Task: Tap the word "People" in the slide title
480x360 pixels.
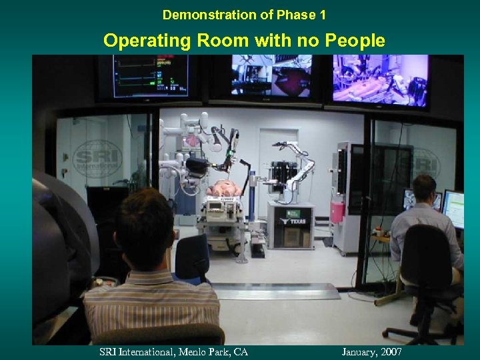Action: click(355, 41)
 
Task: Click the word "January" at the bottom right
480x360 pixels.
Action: click(359, 351)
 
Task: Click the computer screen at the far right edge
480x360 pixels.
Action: click(454, 209)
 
